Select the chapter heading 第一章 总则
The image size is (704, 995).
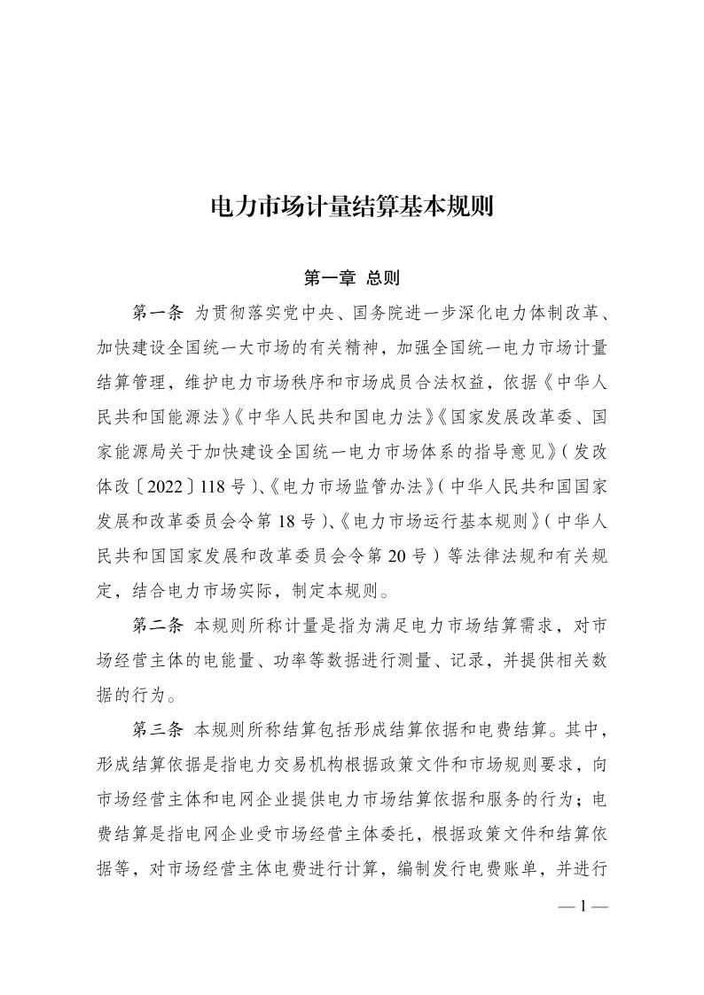click(x=351, y=278)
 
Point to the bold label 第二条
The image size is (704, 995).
click(x=157, y=626)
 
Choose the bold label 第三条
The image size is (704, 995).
click(x=157, y=729)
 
